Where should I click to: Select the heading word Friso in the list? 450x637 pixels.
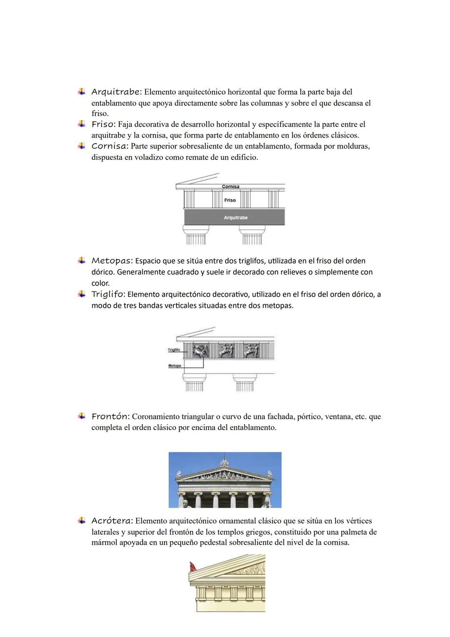click(103, 124)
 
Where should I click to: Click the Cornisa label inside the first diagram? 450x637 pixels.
click(230, 186)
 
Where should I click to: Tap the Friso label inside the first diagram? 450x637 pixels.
click(230, 200)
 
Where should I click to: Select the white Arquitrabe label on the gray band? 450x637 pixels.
click(235, 218)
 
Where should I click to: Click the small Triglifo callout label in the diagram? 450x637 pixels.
click(174, 350)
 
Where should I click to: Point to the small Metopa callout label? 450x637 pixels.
click(175, 366)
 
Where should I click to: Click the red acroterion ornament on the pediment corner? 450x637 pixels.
click(193, 567)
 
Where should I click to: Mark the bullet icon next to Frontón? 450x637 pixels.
click(82, 416)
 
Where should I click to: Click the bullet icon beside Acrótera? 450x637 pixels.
click(82, 521)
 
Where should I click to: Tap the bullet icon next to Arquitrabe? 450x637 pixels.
click(82, 91)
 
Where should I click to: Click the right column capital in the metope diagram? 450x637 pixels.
click(245, 378)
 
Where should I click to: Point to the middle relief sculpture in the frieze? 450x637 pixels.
click(227, 351)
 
